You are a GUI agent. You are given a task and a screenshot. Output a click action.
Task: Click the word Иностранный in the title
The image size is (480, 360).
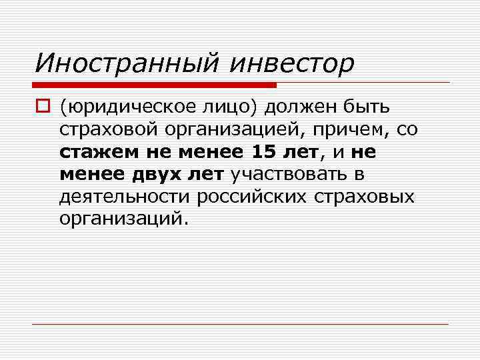click(127, 63)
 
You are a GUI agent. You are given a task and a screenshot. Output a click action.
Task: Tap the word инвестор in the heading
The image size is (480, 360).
click(291, 63)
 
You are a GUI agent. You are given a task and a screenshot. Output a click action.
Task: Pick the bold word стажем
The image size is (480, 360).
click(94, 152)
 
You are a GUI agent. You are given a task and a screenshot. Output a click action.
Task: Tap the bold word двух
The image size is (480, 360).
click(155, 175)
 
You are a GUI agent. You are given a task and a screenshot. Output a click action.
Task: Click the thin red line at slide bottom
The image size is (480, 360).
click(240, 324)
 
